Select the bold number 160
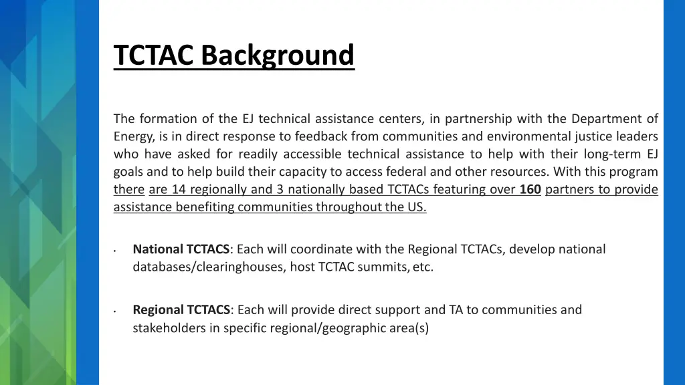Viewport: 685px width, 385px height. tap(530, 189)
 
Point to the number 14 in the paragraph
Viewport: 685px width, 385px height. tap(179, 189)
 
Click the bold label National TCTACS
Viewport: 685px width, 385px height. tap(181, 249)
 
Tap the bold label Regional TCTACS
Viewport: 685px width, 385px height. tap(181, 309)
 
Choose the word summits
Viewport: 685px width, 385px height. tap(387, 267)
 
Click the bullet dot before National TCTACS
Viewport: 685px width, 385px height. tap(116, 252)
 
